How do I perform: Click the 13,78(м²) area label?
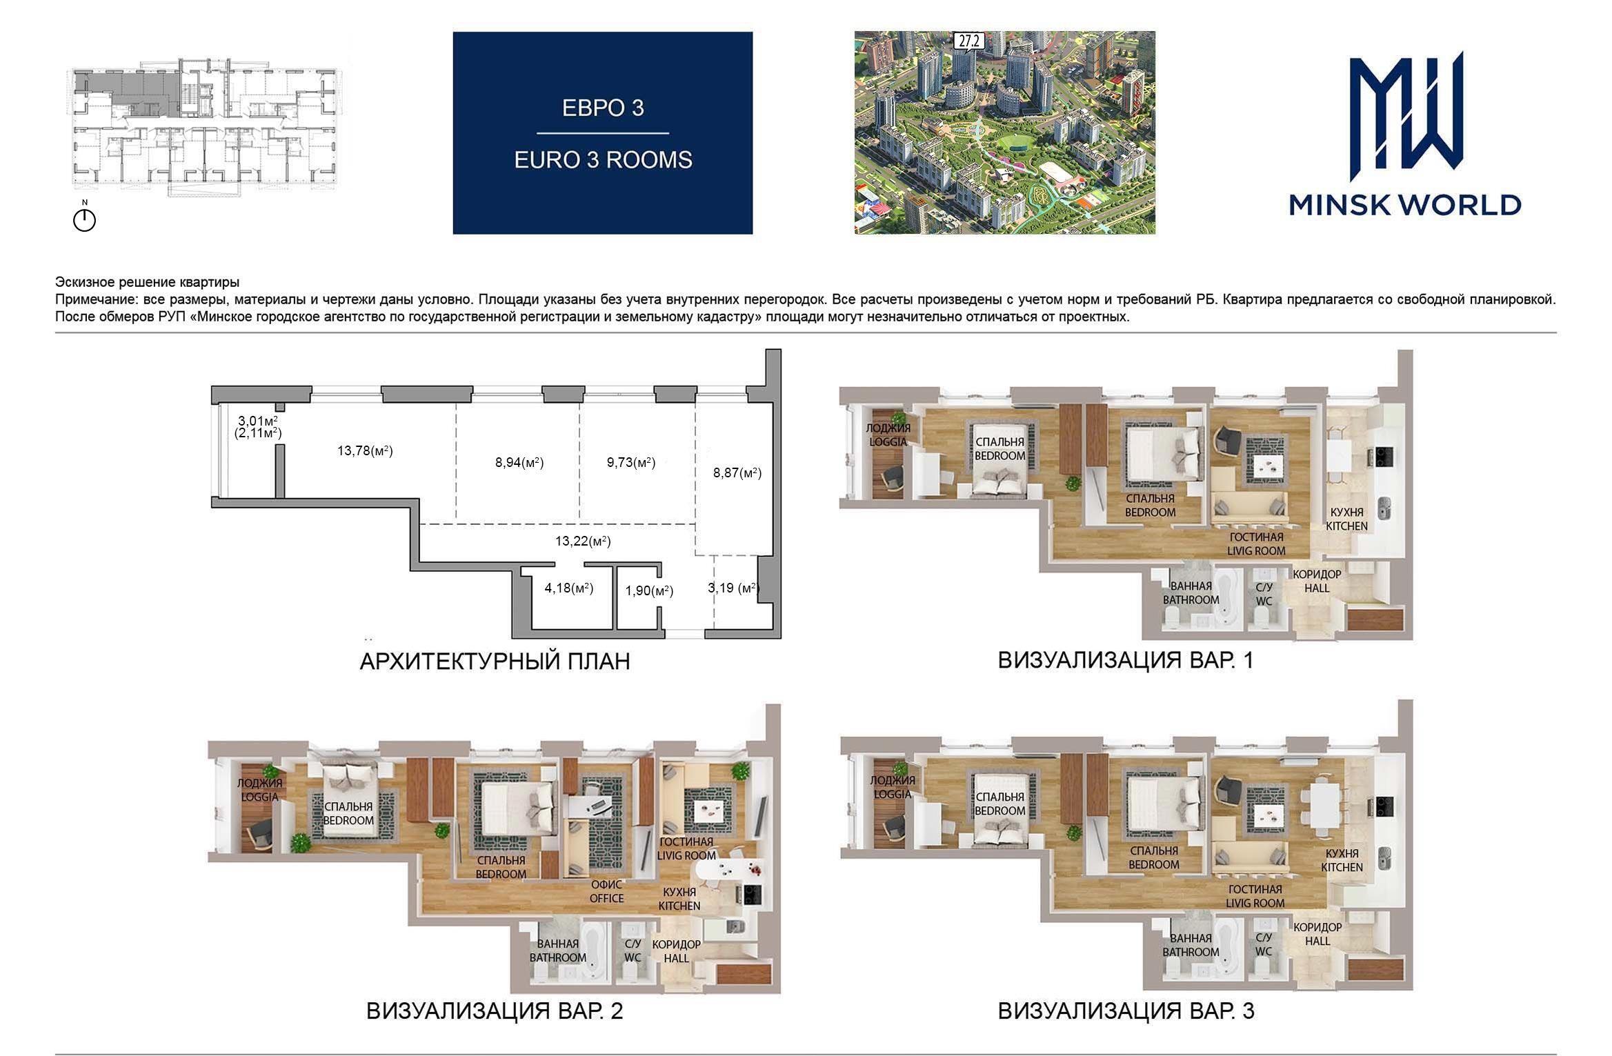[365, 451]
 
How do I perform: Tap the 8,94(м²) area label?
[519, 462]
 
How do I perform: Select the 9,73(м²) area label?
[631, 462]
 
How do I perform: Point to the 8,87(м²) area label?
[737, 473]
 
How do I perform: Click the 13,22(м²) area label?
[583, 541]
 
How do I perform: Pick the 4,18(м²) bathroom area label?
[569, 588]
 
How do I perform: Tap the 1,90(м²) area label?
[649, 590]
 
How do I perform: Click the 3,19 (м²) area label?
[734, 588]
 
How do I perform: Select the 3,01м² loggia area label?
[258, 421]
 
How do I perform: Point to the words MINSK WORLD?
[1405, 205]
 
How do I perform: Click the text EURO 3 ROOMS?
[603, 160]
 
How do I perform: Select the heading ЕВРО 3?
[603, 108]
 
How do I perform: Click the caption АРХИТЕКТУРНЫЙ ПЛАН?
[495, 661]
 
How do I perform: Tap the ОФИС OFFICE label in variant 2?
[607, 891]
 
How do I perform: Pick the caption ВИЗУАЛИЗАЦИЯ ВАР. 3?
[1126, 1011]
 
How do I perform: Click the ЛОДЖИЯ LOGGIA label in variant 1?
[888, 435]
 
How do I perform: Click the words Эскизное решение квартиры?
[148, 282]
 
